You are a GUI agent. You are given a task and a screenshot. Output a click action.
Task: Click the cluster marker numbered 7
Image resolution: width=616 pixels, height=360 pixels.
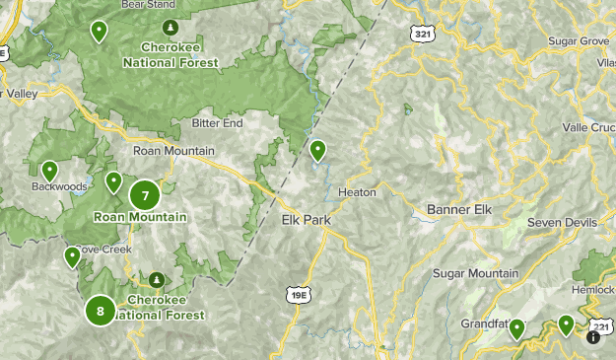[x=145, y=195]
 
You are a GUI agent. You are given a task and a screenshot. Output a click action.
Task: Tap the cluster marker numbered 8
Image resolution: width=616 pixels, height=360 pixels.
[x=101, y=311]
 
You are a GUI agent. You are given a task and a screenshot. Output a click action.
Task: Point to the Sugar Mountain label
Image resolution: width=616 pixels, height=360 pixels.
[x=475, y=273]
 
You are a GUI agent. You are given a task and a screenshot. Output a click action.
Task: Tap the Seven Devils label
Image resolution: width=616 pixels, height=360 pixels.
[x=563, y=223]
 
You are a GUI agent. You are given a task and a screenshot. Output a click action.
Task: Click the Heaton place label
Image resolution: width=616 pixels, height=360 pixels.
[x=356, y=192]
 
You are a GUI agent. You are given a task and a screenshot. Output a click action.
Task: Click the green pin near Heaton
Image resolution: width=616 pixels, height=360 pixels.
[x=317, y=151]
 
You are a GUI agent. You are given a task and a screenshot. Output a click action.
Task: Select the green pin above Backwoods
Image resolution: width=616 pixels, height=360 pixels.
[x=49, y=171]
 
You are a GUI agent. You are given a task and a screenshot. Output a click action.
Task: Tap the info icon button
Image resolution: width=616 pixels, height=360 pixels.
[x=593, y=336]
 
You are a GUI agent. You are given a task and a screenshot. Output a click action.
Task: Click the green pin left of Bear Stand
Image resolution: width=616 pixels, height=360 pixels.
[x=99, y=32]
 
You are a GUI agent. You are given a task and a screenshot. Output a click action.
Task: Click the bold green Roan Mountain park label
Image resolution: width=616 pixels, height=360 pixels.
[x=141, y=217]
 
